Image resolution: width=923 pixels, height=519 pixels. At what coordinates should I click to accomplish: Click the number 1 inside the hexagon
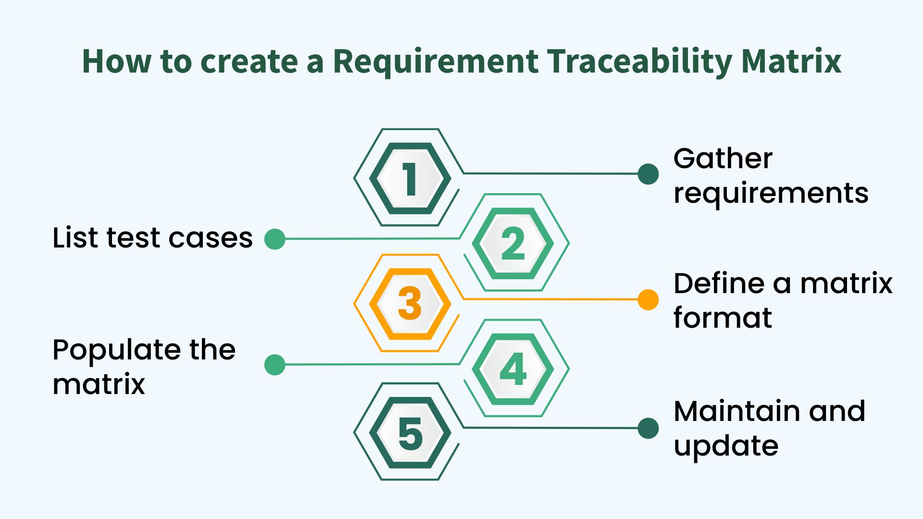pos(410,179)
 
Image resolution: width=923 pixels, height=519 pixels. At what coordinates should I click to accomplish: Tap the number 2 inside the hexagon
pos(512,244)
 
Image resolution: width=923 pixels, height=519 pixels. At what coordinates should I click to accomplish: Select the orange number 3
pos(410,304)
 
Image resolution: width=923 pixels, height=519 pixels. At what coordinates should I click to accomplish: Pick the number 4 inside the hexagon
pos(513,369)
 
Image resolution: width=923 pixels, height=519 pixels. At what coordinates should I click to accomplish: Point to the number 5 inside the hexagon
pos(410,434)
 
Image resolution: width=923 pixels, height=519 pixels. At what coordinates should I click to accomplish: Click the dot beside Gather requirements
pos(648,174)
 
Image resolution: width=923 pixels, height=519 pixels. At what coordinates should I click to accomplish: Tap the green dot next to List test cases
pos(275,239)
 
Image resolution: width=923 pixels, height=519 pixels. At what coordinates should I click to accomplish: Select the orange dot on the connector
pos(648,300)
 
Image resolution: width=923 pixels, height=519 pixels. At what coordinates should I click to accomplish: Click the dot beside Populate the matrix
pos(275,365)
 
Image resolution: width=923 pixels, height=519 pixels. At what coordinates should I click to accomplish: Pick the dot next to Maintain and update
pos(648,428)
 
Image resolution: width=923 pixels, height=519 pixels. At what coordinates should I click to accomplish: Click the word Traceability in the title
pos(639,62)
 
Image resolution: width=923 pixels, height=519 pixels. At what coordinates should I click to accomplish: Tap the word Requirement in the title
pos(436,62)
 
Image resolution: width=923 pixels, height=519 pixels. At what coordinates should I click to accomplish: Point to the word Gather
pos(723,159)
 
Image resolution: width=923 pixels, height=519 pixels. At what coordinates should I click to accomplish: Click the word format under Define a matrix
pos(723,318)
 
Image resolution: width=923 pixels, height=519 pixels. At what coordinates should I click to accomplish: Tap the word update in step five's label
pos(726,446)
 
